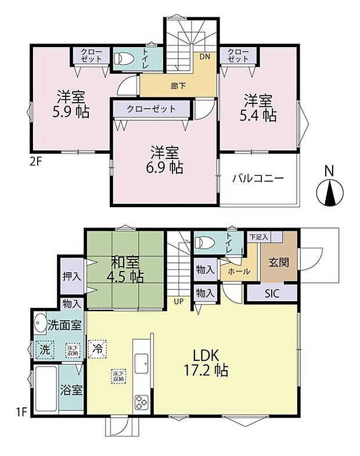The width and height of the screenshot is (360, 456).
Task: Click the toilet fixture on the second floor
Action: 123,59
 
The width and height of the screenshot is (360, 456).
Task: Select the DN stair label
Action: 204,57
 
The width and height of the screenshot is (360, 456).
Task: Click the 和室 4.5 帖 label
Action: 124,268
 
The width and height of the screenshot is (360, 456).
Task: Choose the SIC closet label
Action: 272,294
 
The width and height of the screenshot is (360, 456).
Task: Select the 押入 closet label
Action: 72,277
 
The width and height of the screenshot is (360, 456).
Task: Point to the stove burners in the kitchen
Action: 142,401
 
